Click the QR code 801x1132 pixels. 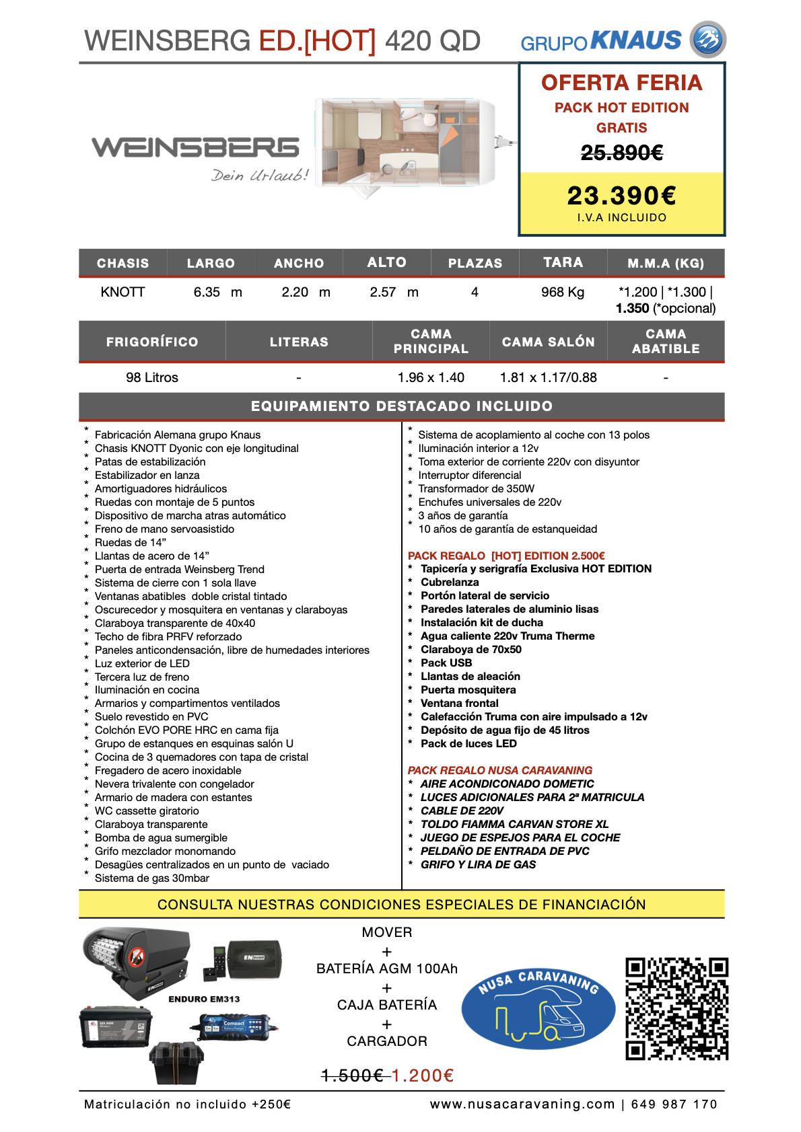(x=676, y=1008)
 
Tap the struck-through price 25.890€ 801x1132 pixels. (x=622, y=153)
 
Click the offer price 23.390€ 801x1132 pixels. (x=622, y=196)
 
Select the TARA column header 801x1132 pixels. (x=563, y=262)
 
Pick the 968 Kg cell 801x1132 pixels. (x=563, y=292)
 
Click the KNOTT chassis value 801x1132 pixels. (x=123, y=292)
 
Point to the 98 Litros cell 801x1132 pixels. (x=152, y=377)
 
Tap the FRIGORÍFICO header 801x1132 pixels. (x=152, y=342)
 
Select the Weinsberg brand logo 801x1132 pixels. (x=195, y=147)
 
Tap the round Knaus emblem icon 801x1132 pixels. (x=708, y=40)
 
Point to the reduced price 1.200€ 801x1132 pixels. (x=423, y=1076)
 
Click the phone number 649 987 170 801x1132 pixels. (x=674, y=1104)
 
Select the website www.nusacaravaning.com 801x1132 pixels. (x=522, y=1104)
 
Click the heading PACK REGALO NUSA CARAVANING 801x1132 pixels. (x=500, y=770)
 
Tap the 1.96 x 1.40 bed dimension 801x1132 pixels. (x=431, y=377)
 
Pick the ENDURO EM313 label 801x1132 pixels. (x=204, y=999)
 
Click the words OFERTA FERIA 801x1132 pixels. (x=622, y=83)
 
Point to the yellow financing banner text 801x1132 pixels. (x=401, y=904)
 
